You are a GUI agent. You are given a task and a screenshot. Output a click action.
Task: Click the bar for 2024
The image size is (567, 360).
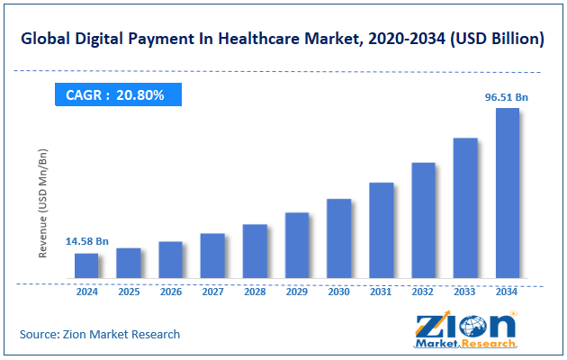[86, 265]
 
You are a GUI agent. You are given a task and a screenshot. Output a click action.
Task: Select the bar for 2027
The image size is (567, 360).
[212, 256]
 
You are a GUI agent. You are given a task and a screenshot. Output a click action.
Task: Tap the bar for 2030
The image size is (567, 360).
[338, 238]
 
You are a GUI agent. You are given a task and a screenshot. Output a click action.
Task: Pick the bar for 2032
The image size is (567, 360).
[423, 220]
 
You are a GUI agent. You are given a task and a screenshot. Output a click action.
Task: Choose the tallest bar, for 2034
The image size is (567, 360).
[507, 193]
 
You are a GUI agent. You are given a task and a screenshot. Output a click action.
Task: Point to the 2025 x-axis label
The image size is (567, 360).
[129, 292]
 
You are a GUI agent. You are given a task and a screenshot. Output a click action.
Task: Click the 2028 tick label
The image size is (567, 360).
[255, 292]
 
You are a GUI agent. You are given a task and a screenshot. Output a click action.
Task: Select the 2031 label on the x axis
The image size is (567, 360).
[381, 292]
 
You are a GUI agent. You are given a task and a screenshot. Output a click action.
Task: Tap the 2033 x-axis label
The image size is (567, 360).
[465, 292]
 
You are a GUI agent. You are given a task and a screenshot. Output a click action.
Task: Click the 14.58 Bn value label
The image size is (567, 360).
[87, 241]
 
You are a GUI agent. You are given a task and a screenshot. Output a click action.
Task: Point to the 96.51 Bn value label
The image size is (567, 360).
[507, 94]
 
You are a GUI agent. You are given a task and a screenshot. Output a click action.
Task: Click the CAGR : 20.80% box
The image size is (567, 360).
[115, 93]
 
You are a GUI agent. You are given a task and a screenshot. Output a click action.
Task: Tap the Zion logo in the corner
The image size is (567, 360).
[465, 329]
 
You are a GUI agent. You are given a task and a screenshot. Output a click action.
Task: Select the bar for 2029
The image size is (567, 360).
[297, 246]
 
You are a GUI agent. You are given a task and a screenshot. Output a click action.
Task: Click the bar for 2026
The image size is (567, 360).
[171, 260]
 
